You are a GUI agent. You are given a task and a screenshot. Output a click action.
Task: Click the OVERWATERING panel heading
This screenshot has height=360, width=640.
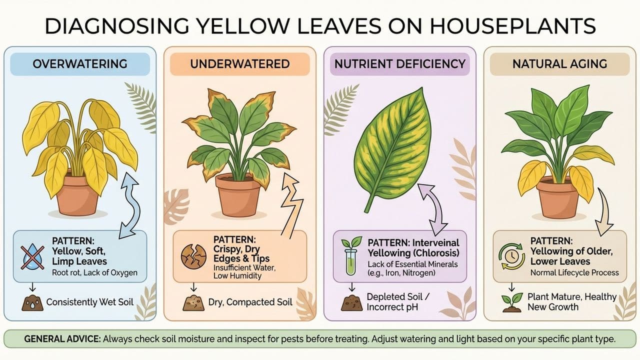coord(79,64)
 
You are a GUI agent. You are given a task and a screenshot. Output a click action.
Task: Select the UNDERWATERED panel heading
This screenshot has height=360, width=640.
coord(240,64)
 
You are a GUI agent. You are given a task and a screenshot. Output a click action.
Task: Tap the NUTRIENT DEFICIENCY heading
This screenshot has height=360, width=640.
coord(400,64)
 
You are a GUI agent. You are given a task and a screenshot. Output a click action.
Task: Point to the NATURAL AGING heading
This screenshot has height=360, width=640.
coord(559,64)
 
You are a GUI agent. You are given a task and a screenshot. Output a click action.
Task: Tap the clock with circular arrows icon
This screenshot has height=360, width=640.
coord(511,255)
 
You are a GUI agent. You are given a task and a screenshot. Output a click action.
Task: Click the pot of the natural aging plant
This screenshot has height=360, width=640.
coord(557,198)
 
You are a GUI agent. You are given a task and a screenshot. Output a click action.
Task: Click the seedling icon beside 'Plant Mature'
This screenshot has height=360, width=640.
coord(511,302)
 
